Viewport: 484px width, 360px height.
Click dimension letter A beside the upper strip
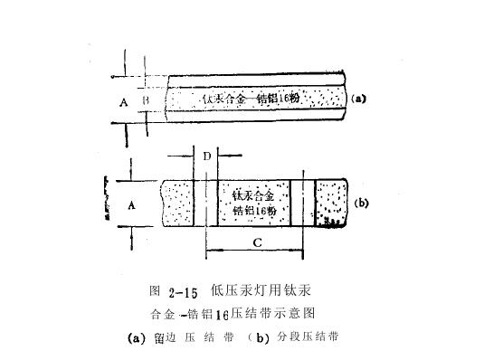[124, 102]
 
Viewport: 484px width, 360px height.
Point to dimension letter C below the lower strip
[257, 242]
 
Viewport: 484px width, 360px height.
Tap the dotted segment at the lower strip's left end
[180, 204]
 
